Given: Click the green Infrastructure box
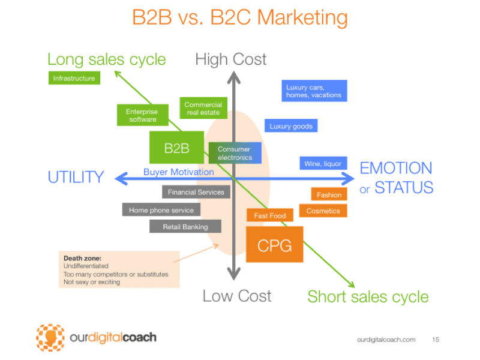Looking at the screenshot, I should pos(74,78).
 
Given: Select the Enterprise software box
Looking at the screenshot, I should pos(142,115).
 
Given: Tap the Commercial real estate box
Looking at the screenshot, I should pos(203,109).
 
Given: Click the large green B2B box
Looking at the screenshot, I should pos(176,148).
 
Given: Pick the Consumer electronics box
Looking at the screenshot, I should pos(235,154).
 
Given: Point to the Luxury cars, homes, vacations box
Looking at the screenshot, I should pos(313,91).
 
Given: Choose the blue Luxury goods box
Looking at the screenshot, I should pos(290,126).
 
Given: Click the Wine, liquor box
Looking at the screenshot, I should pos(323,164).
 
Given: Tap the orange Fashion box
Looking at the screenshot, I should pos(329,194).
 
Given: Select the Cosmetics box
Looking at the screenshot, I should pos(323,211).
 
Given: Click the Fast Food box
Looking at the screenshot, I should pos(269,215).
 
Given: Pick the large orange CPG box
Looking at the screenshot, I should pos(274,245).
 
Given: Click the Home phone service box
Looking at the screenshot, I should pos(161,210).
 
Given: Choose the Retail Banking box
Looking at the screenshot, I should pos(185,227).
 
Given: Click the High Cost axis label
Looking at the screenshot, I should pos(231,59).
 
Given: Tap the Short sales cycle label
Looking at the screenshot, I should pos(368,296).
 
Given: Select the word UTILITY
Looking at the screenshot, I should pos(76,177).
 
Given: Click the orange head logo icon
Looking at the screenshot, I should pos(50,337).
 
